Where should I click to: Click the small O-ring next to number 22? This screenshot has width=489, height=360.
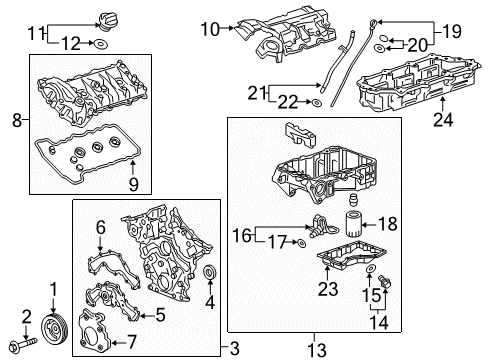pos(316,101)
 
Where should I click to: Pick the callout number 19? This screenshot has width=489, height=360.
pos(424,29)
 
